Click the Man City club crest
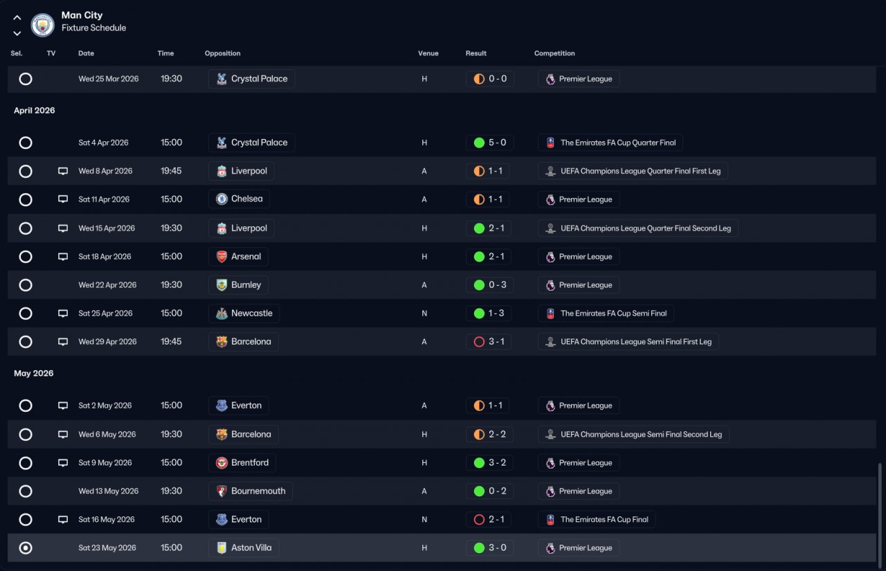[42, 25]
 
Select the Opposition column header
[222, 53]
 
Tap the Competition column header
[554, 53]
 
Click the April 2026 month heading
[35, 110]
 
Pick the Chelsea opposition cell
[239, 199]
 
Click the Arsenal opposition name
[246, 257]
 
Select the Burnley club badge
[221, 285]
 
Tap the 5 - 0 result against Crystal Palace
[497, 143]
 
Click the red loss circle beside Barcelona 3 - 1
[479, 342]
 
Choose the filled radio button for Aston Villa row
[26, 547]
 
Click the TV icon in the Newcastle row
[63, 313]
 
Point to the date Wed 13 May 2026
[109, 491]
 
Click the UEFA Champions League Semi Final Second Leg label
[641, 434]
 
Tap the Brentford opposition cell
[242, 462]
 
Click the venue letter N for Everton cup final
[424, 520]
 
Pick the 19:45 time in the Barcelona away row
[171, 342]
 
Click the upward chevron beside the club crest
[17, 18]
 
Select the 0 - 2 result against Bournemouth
[497, 491]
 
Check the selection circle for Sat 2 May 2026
[26, 406]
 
